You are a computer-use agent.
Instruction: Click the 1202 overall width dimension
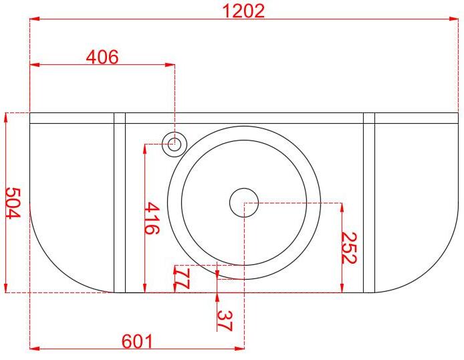243,11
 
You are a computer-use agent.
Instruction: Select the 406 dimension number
102,57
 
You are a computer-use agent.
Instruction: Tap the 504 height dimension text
13,203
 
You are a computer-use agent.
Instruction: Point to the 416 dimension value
152,218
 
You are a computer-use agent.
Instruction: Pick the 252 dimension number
350,248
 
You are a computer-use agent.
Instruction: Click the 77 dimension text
182,278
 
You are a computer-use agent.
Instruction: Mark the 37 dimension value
225,321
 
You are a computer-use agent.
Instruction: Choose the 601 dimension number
137,341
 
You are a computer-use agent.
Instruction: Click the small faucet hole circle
175,145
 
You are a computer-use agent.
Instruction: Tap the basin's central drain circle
244,203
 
